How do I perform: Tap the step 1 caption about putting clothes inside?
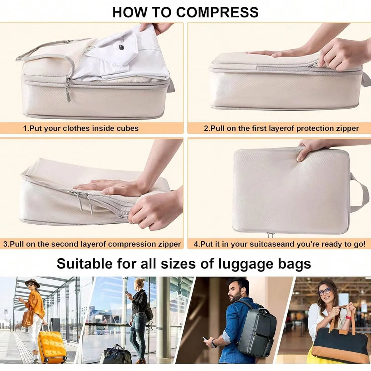[x=81, y=128]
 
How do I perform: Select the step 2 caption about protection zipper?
[x=281, y=128]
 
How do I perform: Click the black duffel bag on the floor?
[x=116, y=355]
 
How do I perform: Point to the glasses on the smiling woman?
[x=324, y=291]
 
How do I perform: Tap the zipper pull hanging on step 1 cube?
[x=68, y=93]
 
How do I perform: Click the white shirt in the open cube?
[x=120, y=54]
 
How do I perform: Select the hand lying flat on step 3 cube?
[x=109, y=187]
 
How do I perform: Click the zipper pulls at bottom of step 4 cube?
[x=270, y=235]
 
